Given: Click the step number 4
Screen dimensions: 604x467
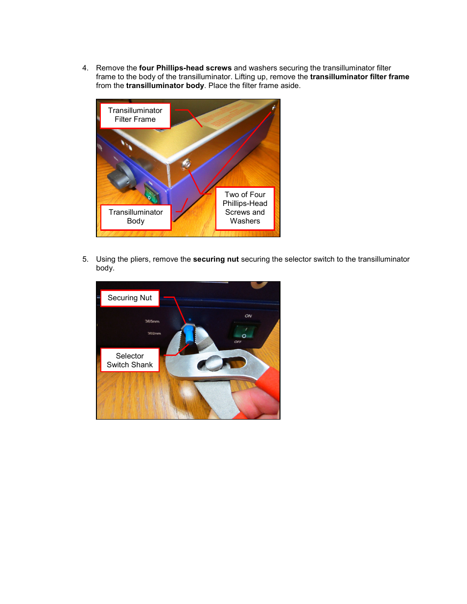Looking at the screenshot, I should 85,68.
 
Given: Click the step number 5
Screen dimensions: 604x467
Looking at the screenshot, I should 85,259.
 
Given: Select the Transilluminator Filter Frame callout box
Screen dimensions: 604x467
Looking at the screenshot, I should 135,115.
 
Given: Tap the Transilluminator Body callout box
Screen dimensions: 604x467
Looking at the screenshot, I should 136,217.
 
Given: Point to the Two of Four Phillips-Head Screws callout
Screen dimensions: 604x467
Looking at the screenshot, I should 245,208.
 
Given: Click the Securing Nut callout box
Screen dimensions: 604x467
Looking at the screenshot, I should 130,298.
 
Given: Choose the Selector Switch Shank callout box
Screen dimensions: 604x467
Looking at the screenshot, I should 130,360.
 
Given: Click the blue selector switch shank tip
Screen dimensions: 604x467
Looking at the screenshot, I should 188,337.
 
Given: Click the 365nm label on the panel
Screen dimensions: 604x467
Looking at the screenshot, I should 152,321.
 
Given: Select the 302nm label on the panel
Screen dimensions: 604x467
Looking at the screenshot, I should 154,333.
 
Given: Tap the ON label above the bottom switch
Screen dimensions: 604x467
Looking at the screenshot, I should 248,316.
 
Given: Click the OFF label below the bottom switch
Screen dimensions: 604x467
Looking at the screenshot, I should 238,342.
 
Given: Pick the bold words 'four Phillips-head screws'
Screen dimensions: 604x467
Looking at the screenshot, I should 185,68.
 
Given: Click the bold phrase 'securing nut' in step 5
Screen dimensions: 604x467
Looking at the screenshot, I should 215,259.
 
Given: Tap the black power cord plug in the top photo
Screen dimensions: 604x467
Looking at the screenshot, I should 121,177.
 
